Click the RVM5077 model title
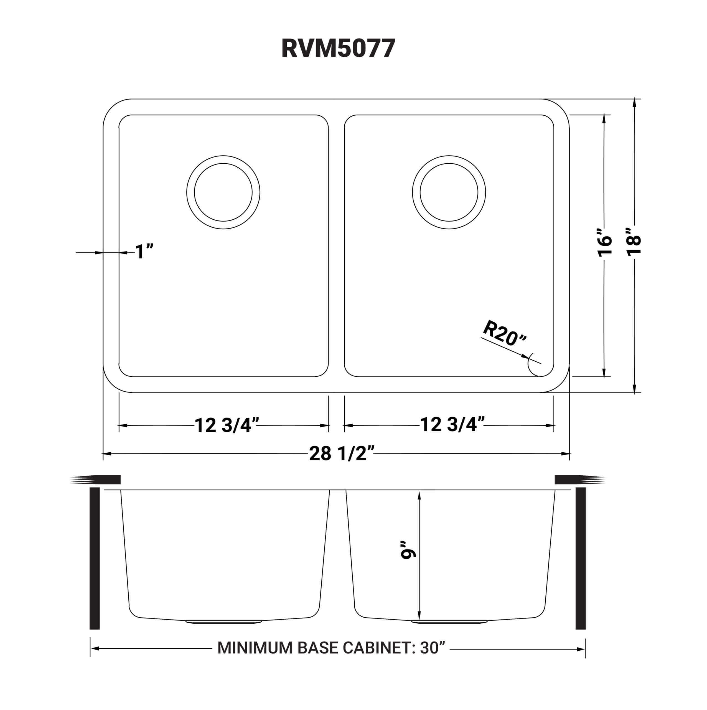coord(338,49)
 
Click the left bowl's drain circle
coord(223,192)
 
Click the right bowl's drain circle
coord(449,192)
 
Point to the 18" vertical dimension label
coord(634,242)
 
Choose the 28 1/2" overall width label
coord(341,454)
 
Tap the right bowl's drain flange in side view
coord(449,622)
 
